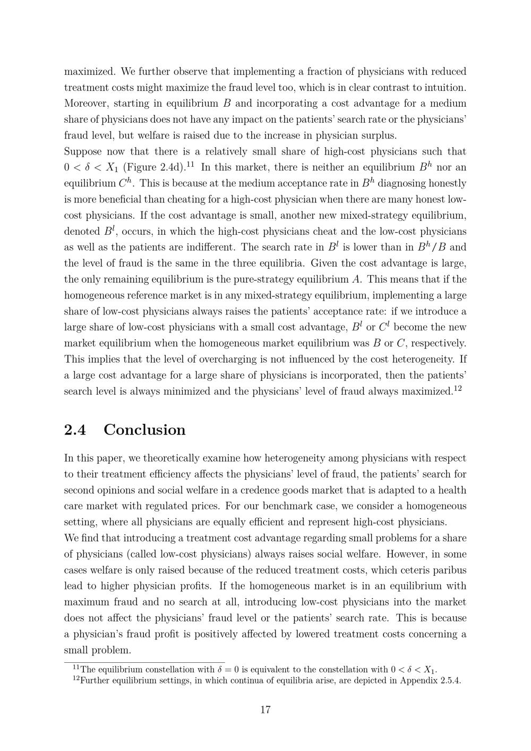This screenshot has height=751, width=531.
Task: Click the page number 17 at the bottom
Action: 265,710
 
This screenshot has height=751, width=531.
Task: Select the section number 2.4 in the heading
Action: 75,430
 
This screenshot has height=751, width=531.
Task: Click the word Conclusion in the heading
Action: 144,430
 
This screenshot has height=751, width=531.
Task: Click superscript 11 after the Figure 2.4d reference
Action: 190,165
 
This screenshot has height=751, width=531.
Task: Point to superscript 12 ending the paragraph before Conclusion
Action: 458,388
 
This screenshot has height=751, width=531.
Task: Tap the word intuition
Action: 444,88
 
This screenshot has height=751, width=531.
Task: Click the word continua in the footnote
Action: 287,681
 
